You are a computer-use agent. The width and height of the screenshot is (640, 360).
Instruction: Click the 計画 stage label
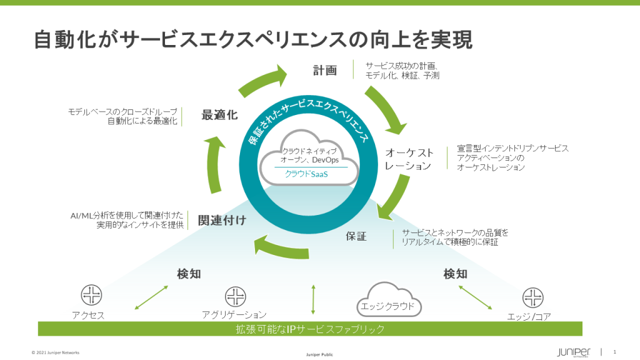point(325,70)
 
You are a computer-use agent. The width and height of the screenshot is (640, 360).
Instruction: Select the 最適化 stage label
point(219,115)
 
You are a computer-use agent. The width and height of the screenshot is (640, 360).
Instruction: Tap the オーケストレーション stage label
point(409,159)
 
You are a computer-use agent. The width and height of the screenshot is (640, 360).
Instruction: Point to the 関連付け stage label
point(222,220)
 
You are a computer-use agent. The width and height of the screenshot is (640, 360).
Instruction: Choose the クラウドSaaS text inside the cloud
point(306,174)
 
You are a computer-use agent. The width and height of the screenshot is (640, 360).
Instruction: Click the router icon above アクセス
point(91,295)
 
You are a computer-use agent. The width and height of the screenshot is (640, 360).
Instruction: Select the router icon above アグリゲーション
point(235,295)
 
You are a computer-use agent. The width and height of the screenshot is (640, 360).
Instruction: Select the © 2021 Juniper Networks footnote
point(56,352)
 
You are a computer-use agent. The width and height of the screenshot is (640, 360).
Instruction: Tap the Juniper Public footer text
point(319,354)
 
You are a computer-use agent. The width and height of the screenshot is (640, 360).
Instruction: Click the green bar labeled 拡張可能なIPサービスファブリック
point(310,329)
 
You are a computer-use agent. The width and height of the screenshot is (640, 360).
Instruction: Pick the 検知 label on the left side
point(188,274)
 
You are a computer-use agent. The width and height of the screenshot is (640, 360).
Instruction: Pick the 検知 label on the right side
point(455,274)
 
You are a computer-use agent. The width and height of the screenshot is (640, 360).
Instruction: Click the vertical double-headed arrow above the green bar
point(313,299)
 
